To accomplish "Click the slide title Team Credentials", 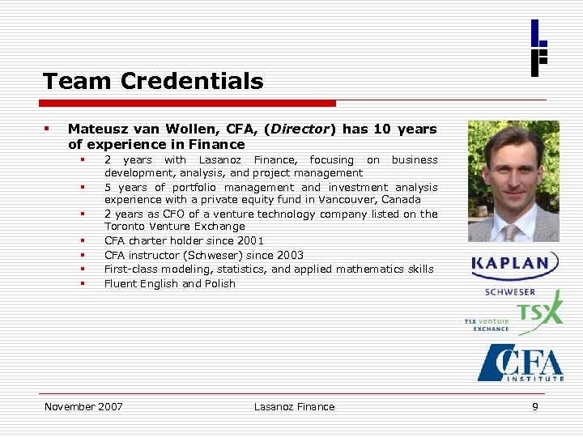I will pos(153,81).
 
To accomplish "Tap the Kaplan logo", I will pos(515,265).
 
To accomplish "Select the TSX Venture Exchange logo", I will pos(513,312).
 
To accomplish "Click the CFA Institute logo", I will pos(520,363).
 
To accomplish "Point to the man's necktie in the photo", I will pos(511,232).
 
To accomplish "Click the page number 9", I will pos(534,406).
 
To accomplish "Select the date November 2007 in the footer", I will pos(83,406).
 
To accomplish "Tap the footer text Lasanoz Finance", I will pos(294,406).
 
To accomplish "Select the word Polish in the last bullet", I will pos(219,283).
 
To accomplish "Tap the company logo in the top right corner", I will pos(538,48).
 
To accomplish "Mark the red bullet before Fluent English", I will pos(83,283).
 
